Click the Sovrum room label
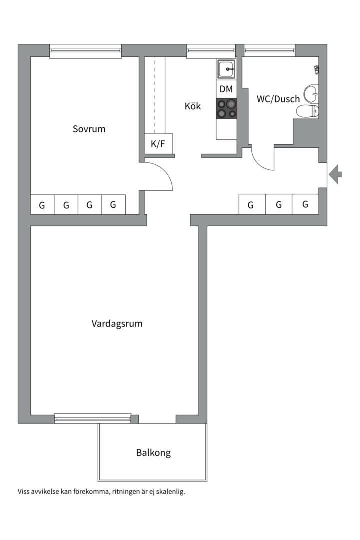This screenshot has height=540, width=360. (x=89, y=129)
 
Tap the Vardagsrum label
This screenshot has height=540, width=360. (x=117, y=324)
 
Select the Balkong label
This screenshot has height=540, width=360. (x=153, y=453)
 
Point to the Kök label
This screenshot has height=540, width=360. (x=193, y=106)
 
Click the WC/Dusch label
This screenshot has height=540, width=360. (x=278, y=99)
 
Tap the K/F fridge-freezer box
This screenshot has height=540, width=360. (x=158, y=143)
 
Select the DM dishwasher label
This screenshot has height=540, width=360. (x=226, y=89)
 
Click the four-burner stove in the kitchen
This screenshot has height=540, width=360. (x=226, y=109)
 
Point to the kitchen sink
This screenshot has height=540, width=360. (x=226, y=69)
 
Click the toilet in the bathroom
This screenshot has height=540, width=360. (x=307, y=111)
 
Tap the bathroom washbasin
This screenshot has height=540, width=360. (x=311, y=94)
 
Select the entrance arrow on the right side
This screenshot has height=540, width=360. (x=335, y=174)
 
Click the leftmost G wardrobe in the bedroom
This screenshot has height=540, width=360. (x=42, y=205)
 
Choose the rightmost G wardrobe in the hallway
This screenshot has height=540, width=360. (x=305, y=204)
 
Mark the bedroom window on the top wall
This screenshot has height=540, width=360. (x=86, y=51)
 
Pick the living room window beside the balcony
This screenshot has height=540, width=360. (x=93, y=418)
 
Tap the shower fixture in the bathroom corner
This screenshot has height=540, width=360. (x=316, y=69)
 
